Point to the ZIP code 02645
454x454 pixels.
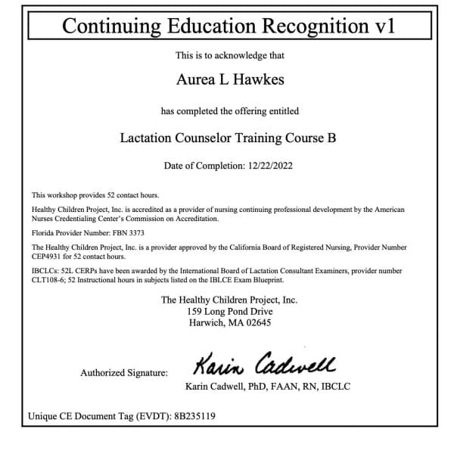pos(256,323)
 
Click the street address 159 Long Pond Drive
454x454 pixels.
pos(229,312)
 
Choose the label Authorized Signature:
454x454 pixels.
pos(124,372)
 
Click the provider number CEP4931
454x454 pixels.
pos(47,256)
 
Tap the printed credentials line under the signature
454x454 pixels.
pos(267,387)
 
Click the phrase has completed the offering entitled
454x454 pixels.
pos(229,111)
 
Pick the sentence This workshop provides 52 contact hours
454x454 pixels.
pos(95,195)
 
